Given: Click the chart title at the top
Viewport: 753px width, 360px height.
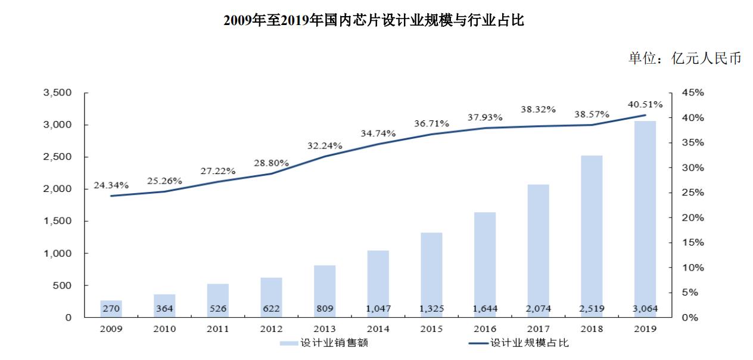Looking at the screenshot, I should [x=374, y=20].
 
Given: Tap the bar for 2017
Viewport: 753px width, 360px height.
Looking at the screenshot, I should [x=539, y=250].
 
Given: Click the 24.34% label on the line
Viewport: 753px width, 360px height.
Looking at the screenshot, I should [x=111, y=185].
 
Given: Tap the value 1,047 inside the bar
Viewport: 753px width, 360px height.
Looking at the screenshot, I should [x=378, y=309].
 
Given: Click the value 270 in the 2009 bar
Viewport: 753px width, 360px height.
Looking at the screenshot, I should [x=111, y=309].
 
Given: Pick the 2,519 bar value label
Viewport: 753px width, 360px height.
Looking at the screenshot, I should [x=592, y=309].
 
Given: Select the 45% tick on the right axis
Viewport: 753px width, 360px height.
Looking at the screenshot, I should [x=692, y=93].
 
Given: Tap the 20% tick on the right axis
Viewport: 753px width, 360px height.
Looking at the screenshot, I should [x=692, y=218].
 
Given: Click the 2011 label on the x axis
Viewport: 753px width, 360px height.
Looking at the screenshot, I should [x=218, y=329].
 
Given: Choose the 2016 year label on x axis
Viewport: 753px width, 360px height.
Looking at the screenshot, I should [x=485, y=329].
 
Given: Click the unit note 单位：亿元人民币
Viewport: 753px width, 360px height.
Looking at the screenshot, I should [x=684, y=58].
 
